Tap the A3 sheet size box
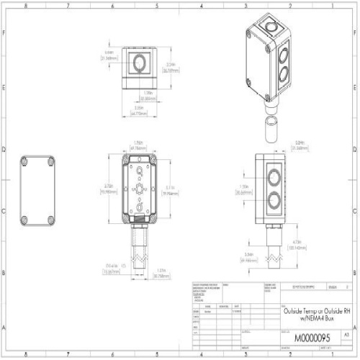click(346, 336)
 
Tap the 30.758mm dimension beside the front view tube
click(163, 274)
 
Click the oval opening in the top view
click(138, 65)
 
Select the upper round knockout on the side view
click(274, 178)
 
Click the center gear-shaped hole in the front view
click(138, 189)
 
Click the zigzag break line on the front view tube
click(138, 256)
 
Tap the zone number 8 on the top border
click(27, 4)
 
